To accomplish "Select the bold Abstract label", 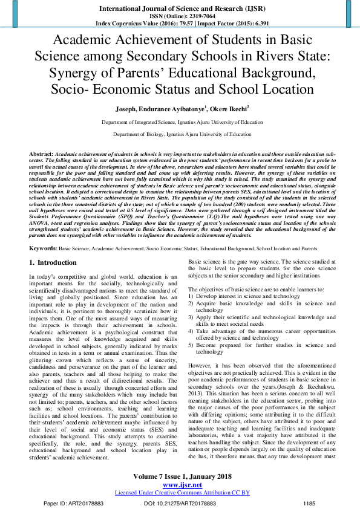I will click(x=41, y=155).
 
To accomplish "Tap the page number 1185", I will click(x=309, y=503).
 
